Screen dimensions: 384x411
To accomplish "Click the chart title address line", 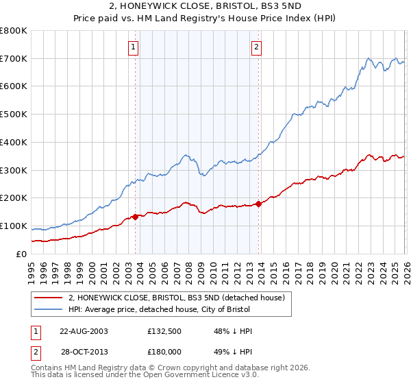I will tap(205, 7).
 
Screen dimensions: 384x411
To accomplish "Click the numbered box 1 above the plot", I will tap(133, 47).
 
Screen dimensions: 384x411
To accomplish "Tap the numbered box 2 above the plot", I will tap(256, 47).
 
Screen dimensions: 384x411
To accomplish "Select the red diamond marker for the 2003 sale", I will tap(135, 217).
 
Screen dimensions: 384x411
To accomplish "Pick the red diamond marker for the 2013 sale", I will tap(258, 204).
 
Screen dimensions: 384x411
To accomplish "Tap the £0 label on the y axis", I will tap(21, 254).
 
